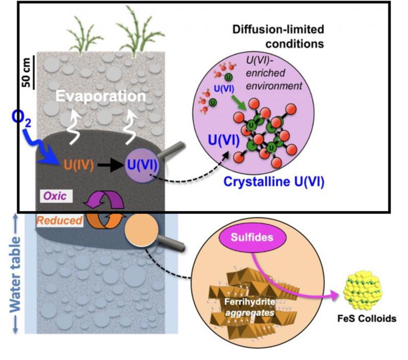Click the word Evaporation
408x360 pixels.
tap(100, 96)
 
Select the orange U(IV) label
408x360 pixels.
tap(79, 164)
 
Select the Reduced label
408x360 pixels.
tap(60, 220)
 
